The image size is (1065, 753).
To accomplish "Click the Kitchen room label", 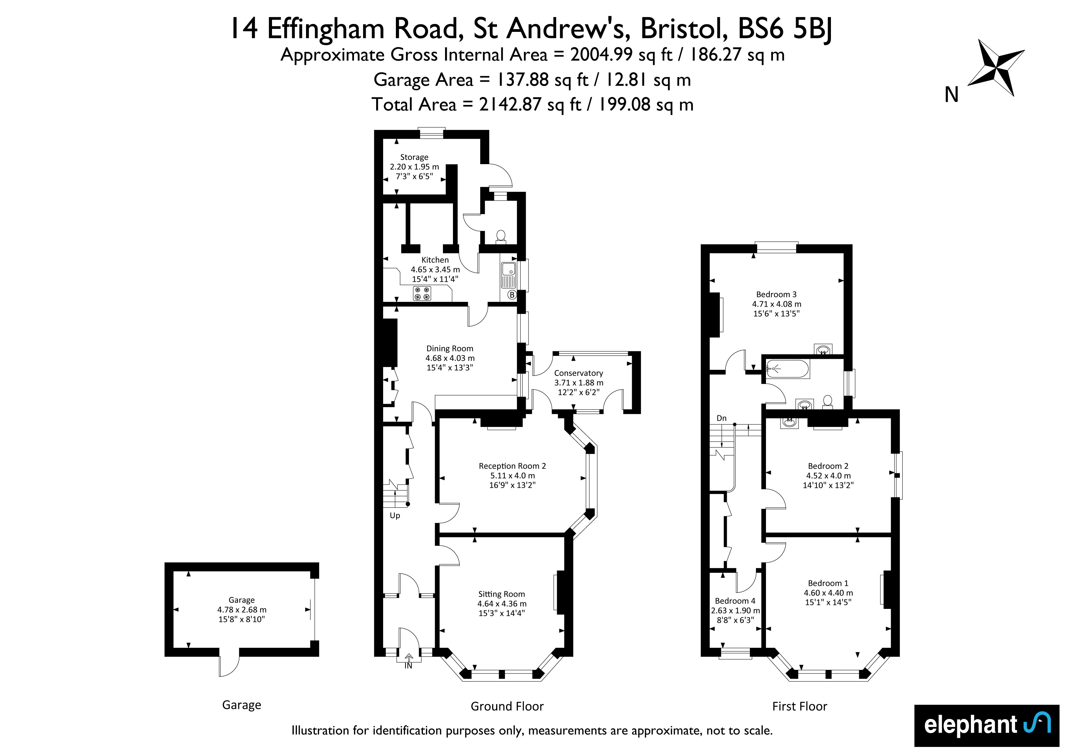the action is coord(435,260).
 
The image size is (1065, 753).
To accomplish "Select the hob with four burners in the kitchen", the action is coord(422,293).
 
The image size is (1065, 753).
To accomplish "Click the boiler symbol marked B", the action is coord(512,294).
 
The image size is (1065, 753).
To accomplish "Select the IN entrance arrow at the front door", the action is coord(409,661).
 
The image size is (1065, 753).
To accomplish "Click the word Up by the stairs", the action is coord(395,515).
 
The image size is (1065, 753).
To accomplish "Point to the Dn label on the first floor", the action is coord(721,418).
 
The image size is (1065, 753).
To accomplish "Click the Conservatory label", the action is coord(578,373).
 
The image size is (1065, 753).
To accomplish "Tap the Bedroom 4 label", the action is coord(735,601).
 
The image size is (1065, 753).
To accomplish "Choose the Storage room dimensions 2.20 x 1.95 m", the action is coord(414,167).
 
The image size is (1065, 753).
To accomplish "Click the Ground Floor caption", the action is coord(507,706).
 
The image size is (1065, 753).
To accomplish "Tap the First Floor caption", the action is coord(800,706).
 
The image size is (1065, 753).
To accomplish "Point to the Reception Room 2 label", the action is coord(512,466).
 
